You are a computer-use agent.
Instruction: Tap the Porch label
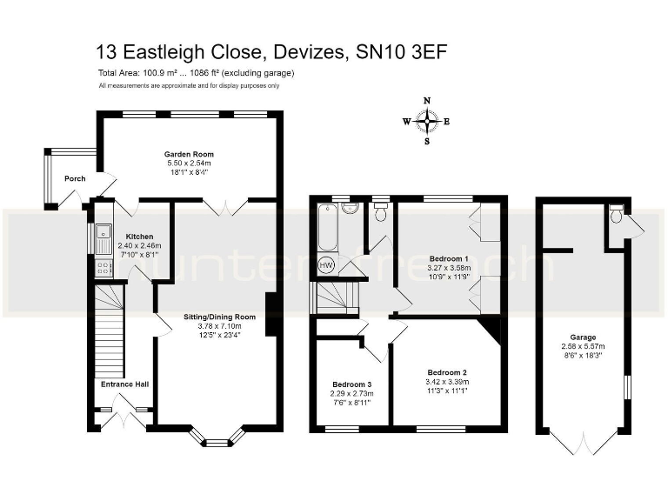(75, 179)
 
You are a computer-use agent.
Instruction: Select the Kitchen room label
(139, 237)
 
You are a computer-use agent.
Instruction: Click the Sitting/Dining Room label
(219, 317)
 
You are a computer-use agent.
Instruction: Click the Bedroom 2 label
(448, 371)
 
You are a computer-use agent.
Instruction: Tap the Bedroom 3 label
(351, 384)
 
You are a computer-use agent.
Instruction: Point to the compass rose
(426, 121)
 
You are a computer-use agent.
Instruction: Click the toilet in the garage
(616, 212)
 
